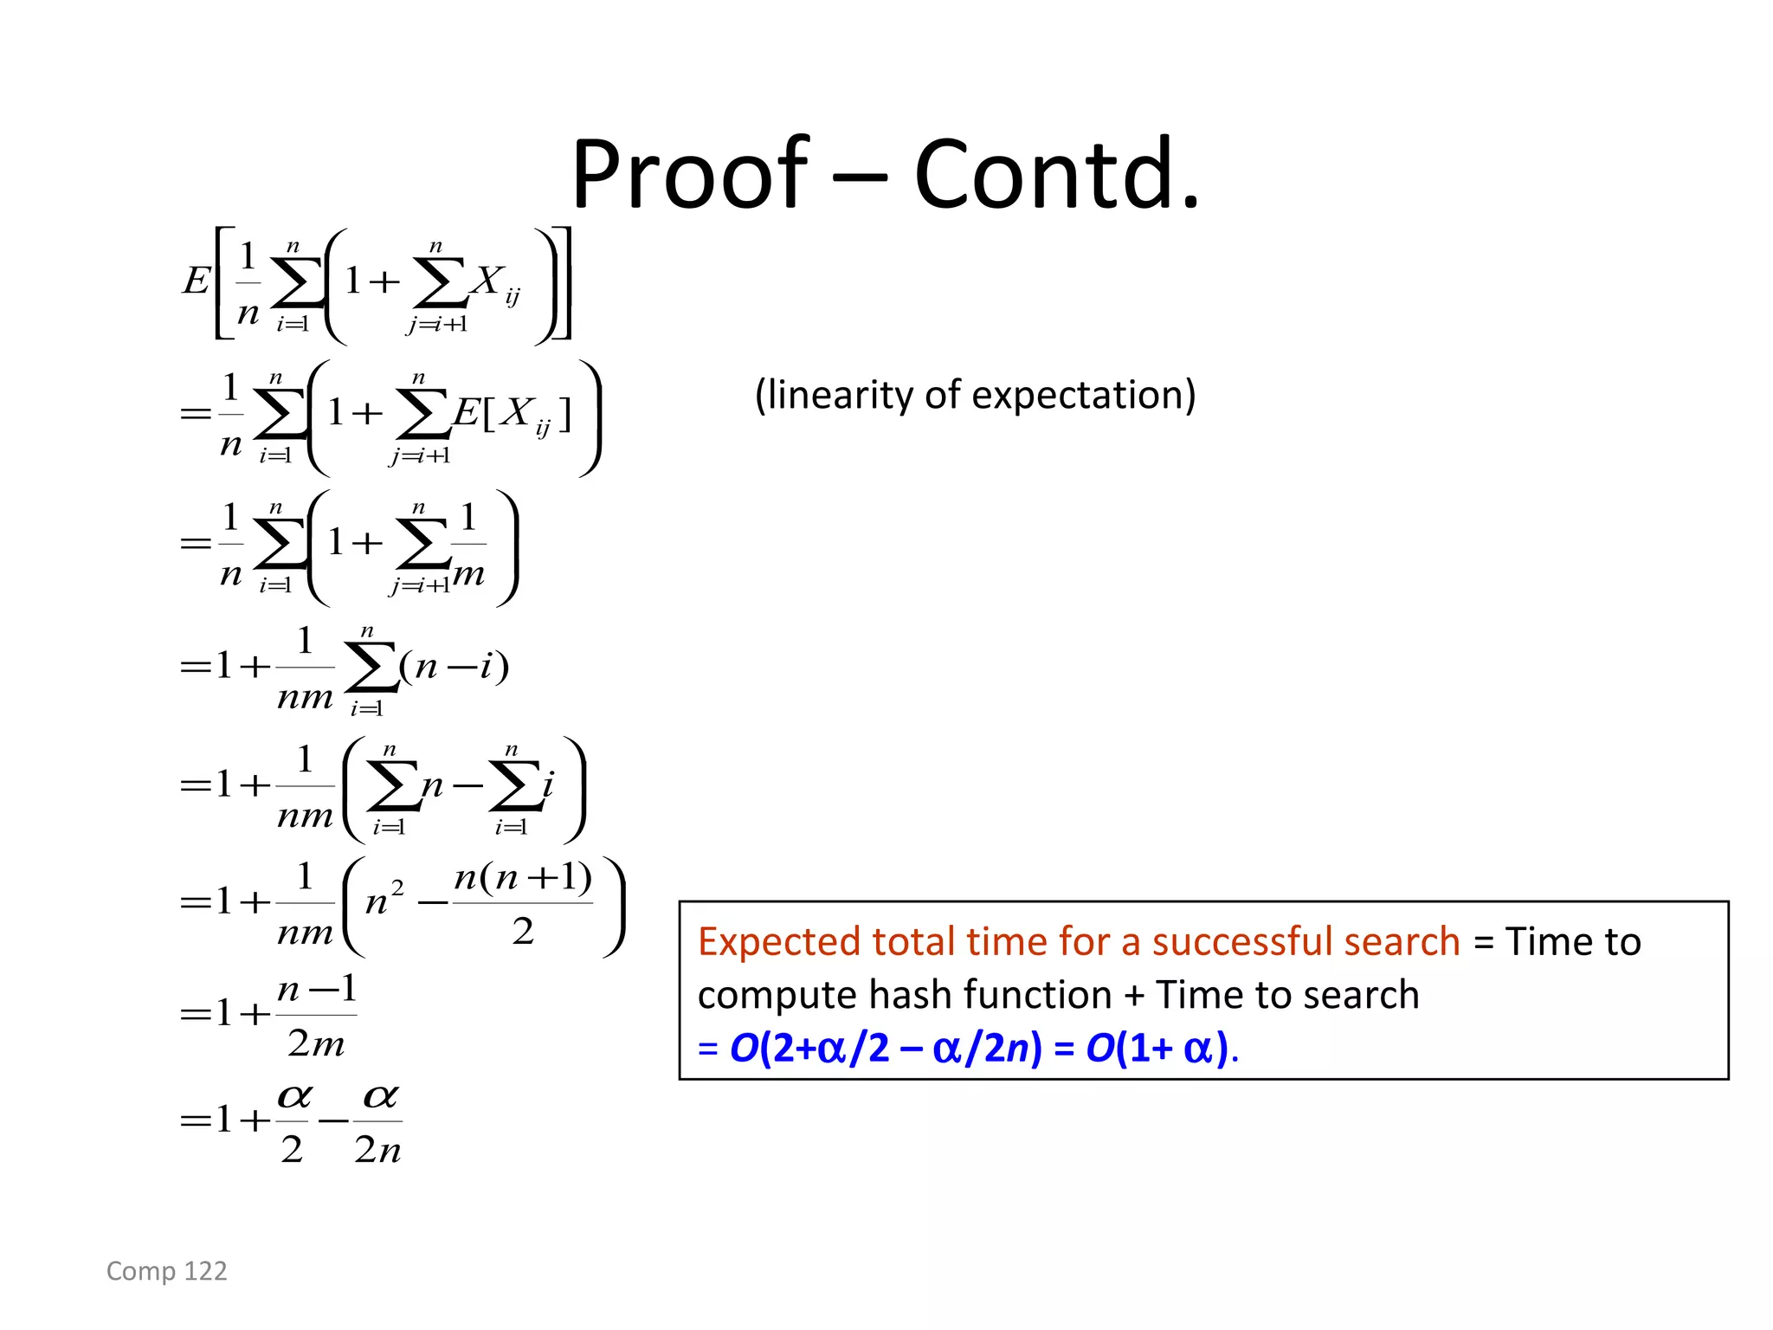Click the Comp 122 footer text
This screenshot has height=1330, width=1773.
tap(166, 1270)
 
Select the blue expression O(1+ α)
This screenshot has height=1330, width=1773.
tap(1157, 1048)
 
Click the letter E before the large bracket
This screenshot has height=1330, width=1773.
tap(196, 281)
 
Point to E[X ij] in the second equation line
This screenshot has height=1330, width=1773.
tap(513, 414)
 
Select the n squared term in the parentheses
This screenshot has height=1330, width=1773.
tap(384, 901)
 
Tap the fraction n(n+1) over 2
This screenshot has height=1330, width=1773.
tap(523, 903)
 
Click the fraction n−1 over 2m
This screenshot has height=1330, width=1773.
tap(317, 1015)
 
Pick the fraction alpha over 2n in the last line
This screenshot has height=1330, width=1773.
tap(378, 1122)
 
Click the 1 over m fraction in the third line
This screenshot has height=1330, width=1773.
tap(468, 545)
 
